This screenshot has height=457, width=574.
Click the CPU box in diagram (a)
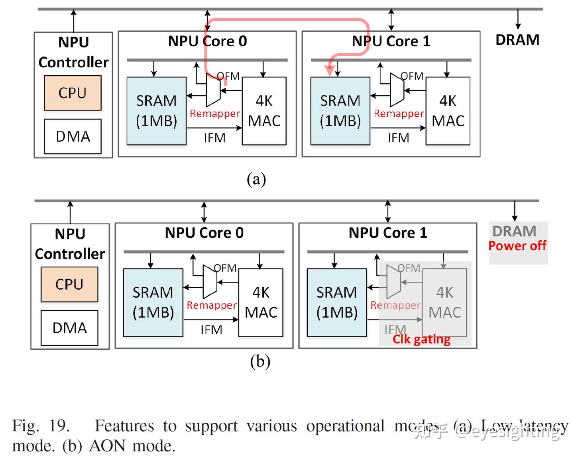point(73,93)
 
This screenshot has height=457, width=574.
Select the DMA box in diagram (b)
point(69,328)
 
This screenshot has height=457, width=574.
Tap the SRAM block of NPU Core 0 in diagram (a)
point(156,111)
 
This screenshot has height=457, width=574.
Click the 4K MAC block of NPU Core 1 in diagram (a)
point(448,111)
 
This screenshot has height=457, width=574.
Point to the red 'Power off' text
point(517,246)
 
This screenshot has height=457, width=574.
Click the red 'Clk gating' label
point(421,339)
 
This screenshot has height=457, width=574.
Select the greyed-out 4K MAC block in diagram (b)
point(444,302)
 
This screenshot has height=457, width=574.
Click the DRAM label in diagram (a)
point(517,40)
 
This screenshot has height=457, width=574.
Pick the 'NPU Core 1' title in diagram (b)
point(387,233)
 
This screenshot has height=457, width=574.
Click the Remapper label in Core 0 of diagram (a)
point(214,114)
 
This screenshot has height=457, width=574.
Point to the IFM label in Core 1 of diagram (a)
point(398,138)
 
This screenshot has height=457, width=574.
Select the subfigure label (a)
point(256,179)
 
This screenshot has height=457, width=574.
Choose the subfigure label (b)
point(260,361)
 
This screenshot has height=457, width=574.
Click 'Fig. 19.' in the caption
point(41,426)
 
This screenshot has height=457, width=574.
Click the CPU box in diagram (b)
point(69,284)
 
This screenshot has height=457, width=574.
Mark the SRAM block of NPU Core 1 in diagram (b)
point(336,302)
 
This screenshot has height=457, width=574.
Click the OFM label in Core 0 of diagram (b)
point(225,268)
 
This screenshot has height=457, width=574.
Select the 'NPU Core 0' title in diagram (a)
point(207,41)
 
